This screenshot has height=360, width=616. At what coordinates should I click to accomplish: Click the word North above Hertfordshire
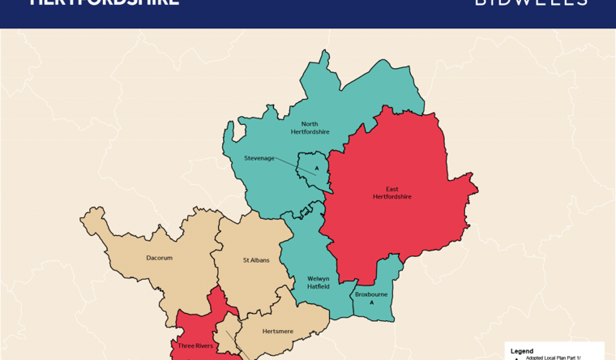click(x=310, y=124)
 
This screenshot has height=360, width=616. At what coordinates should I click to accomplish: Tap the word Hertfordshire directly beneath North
click(x=310, y=132)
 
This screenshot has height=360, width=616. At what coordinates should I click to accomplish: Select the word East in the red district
click(x=391, y=189)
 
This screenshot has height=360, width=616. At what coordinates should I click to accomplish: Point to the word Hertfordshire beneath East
click(x=391, y=197)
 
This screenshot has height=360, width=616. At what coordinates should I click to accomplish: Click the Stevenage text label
click(x=259, y=158)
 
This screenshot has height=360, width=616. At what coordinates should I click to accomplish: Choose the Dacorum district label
click(x=159, y=258)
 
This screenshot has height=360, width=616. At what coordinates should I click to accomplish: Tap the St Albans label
click(x=256, y=260)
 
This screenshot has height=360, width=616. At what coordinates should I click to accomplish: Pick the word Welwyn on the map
click(x=318, y=278)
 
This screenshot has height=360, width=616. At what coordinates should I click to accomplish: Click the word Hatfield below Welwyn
click(x=318, y=286)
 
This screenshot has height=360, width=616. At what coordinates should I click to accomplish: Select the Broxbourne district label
click(x=371, y=294)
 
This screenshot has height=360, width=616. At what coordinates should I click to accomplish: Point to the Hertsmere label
click(x=277, y=331)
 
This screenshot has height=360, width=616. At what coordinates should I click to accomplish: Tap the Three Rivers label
click(x=195, y=346)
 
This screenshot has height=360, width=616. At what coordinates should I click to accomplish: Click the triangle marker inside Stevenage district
click(x=317, y=169)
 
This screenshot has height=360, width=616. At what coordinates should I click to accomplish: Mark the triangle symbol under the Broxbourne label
click(x=371, y=302)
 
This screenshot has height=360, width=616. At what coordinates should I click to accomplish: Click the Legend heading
click(x=522, y=350)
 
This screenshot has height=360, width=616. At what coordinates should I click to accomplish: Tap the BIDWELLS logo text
click(x=531, y=2)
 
